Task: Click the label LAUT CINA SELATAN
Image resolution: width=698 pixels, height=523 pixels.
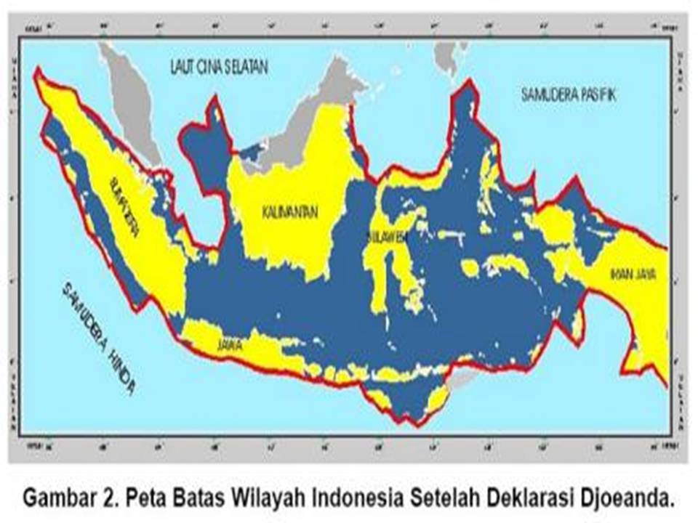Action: click(219, 68)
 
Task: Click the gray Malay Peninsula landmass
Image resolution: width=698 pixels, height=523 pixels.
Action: click(135, 102)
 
